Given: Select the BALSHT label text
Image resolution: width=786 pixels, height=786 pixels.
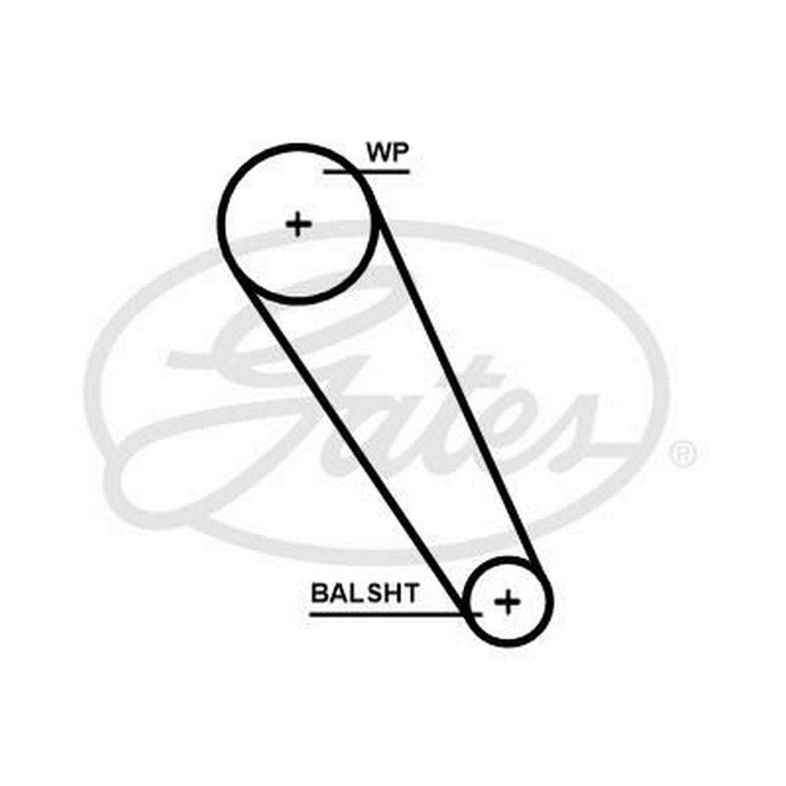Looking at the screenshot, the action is click(365, 593).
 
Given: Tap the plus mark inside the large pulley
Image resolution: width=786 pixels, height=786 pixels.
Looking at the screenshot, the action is click(299, 224).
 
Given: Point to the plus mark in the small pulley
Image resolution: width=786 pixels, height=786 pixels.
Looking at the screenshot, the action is click(507, 601).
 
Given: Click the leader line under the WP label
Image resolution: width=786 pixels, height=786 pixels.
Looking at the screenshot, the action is click(366, 172).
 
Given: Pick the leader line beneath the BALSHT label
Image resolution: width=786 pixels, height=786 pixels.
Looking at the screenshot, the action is click(396, 614).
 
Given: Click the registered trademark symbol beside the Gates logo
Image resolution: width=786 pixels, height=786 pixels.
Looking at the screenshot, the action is click(683, 454).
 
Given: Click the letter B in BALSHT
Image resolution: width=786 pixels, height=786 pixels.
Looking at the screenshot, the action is click(319, 593).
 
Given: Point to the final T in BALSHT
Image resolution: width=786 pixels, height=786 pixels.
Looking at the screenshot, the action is click(410, 593).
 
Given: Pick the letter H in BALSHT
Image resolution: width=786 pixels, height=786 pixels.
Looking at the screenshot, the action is click(393, 593).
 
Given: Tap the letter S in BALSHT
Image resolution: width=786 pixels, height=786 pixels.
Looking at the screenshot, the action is click(376, 593).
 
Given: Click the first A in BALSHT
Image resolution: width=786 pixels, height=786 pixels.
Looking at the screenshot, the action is click(338, 593).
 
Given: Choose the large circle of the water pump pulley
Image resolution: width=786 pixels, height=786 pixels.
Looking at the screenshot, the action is click(222, 224).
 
